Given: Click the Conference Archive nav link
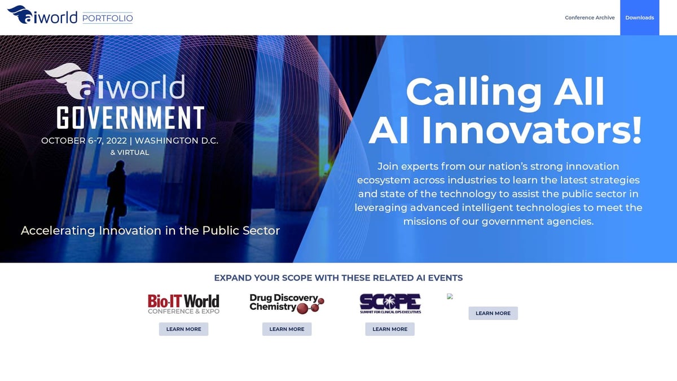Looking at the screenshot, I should click(x=590, y=17).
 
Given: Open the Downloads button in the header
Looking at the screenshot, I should click(x=639, y=17).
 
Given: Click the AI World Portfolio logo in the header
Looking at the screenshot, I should click(x=70, y=15).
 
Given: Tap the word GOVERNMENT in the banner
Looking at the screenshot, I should click(x=130, y=117).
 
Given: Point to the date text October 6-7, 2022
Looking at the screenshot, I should click(x=83, y=141).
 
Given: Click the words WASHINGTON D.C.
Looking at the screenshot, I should click(x=176, y=141).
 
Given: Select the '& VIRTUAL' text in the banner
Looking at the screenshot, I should click(x=130, y=152).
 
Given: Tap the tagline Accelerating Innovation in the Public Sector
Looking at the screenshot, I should click(x=150, y=230).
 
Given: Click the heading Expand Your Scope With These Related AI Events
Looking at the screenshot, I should click(x=338, y=278).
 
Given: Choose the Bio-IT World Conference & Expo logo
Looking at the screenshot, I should click(x=183, y=304).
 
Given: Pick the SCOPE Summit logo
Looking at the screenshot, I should click(x=390, y=304).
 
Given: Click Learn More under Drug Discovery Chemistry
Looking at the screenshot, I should click(x=287, y=329).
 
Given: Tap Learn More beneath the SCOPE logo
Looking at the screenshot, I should click(x=390, y=329).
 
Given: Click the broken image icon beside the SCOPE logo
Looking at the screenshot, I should click(x=450, y=296).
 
